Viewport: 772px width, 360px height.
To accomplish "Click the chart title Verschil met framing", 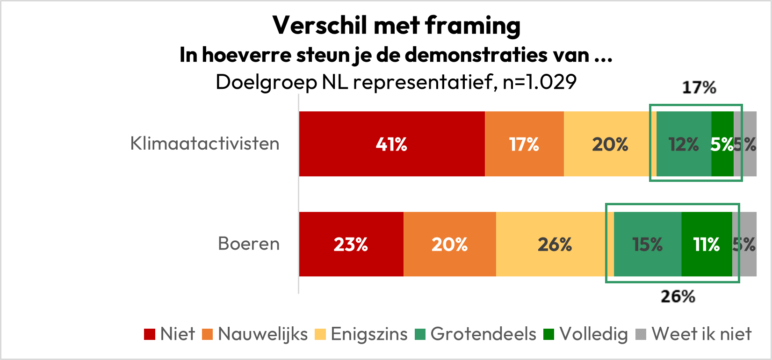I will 397,26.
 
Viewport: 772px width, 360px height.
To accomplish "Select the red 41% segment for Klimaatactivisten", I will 392,144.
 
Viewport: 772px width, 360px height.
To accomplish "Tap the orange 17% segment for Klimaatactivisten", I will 524,144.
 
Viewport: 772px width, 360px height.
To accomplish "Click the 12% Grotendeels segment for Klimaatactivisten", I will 684,144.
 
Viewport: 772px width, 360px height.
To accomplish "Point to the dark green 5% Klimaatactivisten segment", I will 722,144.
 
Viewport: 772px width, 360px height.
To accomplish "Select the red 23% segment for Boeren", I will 351,244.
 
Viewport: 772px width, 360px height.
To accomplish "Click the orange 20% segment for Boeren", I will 449,244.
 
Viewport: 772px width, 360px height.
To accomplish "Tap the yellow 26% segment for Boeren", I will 555,244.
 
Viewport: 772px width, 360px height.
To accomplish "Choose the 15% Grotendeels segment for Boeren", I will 648,244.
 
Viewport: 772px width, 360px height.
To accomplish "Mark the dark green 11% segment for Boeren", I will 707,244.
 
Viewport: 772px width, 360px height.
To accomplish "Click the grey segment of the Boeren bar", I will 745,244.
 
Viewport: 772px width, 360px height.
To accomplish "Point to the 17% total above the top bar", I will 699,87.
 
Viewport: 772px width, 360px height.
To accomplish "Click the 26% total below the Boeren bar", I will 678,296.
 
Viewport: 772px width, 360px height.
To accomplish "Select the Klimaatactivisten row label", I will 205,144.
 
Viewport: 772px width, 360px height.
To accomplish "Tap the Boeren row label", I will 249,244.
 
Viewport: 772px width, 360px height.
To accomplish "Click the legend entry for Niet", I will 170,334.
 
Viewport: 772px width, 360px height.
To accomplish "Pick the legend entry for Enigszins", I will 361,334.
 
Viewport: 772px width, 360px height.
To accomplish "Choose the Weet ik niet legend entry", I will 694,334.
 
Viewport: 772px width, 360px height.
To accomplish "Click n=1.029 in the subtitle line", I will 540,82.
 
